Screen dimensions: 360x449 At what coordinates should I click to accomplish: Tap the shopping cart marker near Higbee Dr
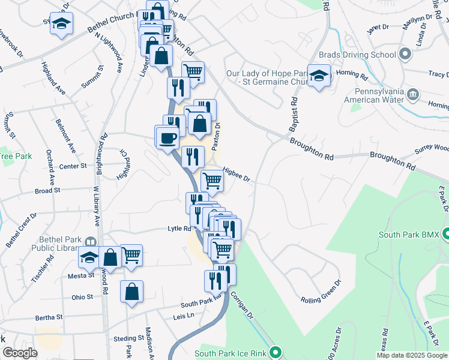(x=212, y=180)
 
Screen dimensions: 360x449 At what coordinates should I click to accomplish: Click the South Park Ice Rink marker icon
(x=276, y=352)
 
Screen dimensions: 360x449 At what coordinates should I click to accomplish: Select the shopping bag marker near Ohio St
(x=131, y=293)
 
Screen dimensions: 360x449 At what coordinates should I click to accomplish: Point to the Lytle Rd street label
(x=179, y=229)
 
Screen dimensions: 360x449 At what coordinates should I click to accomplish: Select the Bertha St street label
(x=49, y=317)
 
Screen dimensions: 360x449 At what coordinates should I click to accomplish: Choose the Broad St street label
(x=44, y=191)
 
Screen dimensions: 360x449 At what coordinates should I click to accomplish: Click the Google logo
(x=20, y=353)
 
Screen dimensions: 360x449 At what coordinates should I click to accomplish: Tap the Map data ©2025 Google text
(x=412, y=355)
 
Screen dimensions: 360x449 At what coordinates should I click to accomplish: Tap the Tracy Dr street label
(x=435, y=74)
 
